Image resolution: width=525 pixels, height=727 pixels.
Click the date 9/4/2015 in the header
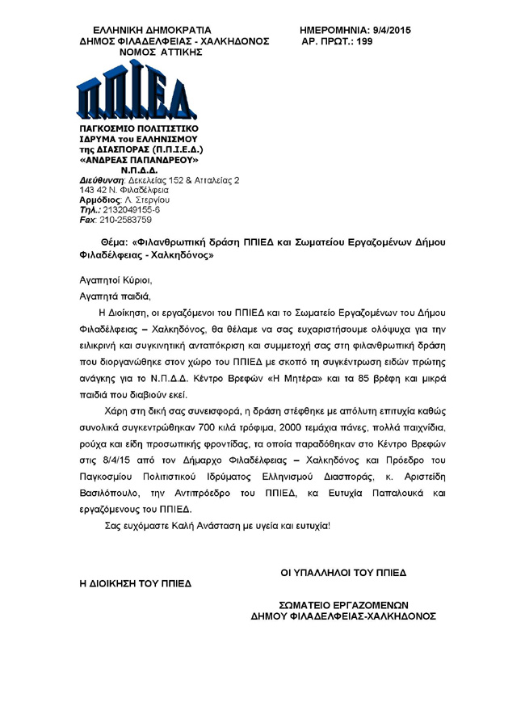[387, 30]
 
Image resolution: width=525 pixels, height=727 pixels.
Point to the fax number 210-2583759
[125, 220]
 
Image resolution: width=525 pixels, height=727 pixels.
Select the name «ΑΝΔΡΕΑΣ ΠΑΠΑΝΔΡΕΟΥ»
[138, 160]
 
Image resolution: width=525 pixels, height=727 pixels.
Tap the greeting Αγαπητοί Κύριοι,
[111, 280]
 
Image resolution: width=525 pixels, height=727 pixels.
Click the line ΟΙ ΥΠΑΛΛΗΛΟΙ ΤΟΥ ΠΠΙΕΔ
[343, 573]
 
